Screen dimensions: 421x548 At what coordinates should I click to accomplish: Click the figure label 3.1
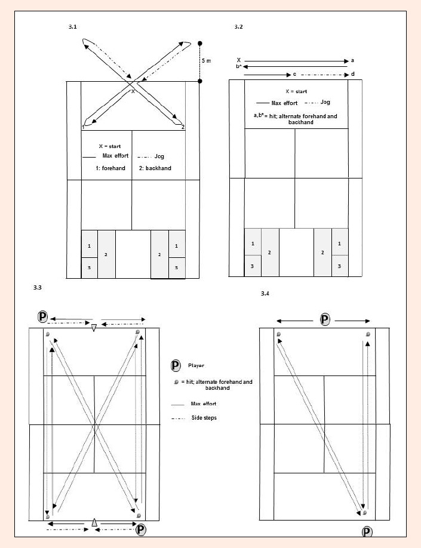[72, 27]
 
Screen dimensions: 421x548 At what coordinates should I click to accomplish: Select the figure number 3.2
[238, 27]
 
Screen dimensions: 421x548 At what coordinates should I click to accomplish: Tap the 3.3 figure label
[38, 288]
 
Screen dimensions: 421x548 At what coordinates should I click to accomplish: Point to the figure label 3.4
[265, 294]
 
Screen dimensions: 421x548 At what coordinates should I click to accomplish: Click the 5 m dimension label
[206, 61]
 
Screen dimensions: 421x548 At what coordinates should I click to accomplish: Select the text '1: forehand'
[110, 168]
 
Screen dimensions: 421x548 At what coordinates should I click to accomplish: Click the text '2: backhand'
[155, 168]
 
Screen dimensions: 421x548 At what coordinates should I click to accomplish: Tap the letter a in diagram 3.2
[352, 60]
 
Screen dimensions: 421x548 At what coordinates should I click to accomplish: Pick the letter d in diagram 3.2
[352, 74]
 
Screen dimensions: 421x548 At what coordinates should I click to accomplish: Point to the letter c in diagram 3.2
[294, 75]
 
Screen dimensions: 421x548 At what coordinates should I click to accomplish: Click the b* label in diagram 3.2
[238, 66]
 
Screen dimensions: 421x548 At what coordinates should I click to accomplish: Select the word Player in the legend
[196, 365]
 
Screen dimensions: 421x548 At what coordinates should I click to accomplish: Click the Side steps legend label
[204, 418]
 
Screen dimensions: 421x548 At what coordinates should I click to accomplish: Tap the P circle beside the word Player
[176, 366]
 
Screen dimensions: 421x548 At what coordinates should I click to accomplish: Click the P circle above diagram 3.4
[325, 319]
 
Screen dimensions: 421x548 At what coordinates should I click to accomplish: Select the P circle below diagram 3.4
[367, 532]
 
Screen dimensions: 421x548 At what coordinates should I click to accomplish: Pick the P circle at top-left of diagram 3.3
[42, 317]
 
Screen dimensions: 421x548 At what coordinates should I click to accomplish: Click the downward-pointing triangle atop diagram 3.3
[94, 328]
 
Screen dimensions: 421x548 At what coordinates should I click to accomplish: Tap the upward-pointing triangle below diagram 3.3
[94, 522]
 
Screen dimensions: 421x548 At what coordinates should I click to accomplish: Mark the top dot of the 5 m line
[199, 44]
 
